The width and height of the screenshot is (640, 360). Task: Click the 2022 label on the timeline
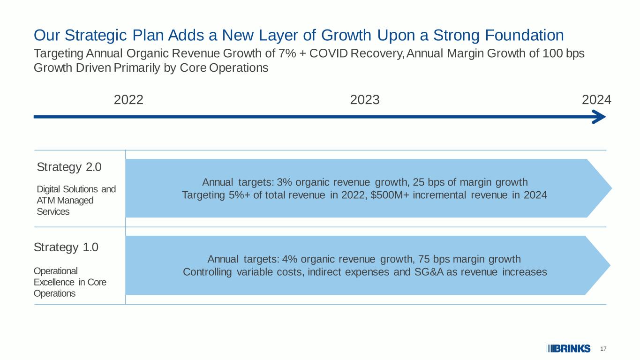click(128, 100)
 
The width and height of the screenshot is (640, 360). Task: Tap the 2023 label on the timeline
click(365, 100)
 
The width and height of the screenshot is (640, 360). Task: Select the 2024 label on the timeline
click(596, 100)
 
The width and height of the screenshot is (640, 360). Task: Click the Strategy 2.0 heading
click(69, 167)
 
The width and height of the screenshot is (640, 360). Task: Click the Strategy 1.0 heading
click(66, 247)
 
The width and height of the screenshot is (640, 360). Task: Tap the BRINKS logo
click(568, 349)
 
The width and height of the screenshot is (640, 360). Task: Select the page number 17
click(603, 349)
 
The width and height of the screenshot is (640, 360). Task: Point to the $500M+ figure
click(390, 195)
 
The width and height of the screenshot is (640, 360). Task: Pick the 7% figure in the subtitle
click(287, 53)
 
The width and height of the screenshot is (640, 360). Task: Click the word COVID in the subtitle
click(328, 53)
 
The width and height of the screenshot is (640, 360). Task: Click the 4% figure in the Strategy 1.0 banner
click(290, 259)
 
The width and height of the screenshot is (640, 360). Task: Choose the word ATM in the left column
click(46, 201)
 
